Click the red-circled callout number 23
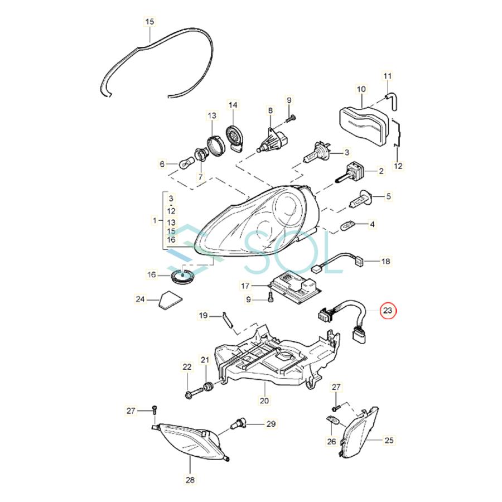(x=388, y=310)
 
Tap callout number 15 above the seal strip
(x=149, y=22)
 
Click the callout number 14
(x=233, y=104)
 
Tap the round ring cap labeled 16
(x=181, y=275)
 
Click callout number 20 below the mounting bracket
(x=264, y=400)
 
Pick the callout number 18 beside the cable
(x=387, y=260)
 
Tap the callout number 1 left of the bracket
(x=155, y=221)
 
